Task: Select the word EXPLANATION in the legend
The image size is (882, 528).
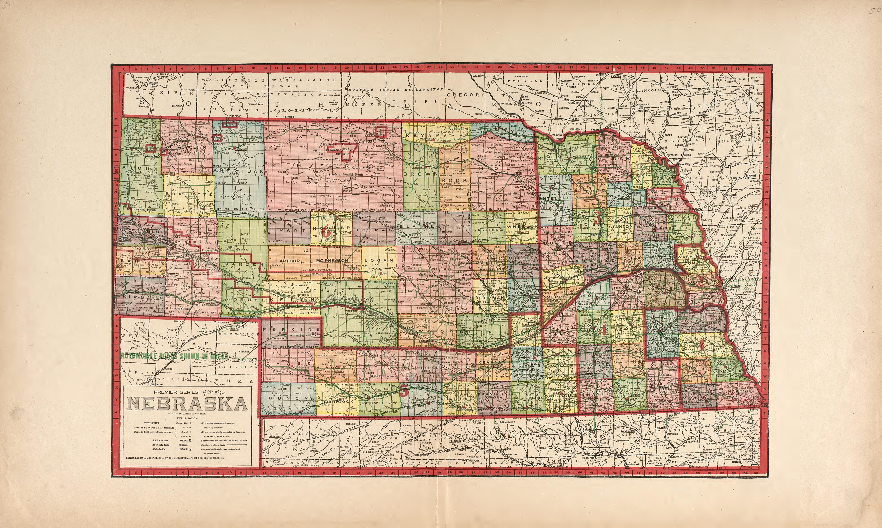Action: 187,418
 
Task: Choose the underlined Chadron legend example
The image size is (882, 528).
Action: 183,445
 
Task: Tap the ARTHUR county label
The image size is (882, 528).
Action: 290,261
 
